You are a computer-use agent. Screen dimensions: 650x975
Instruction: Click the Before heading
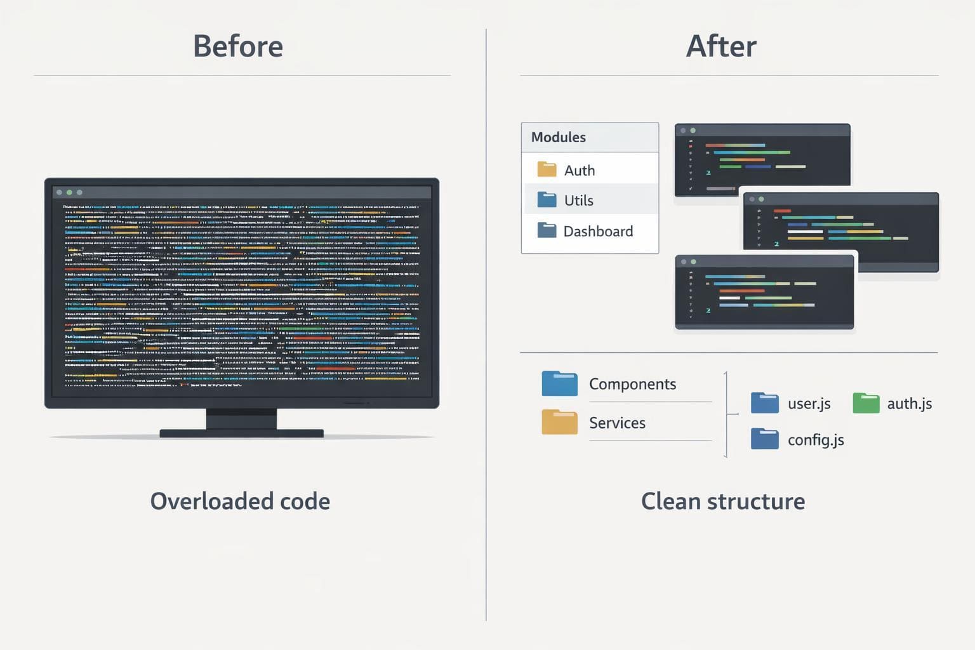click(x=238, y=46)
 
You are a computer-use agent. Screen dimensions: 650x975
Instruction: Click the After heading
click(x=721, y=46)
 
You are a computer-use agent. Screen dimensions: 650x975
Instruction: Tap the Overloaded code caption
click(x=240, y=501)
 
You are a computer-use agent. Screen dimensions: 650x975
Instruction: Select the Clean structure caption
click(x=722, y=501)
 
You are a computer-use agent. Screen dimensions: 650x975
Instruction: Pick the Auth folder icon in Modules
click(x=547, y=169)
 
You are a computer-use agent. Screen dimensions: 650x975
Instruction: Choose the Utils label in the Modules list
click(x=578, y=201)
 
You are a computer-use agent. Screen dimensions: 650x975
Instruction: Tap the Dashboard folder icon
click(x=547, y=230)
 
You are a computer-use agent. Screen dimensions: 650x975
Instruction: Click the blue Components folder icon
click(x=559, y=384)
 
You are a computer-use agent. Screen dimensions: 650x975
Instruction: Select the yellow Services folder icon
click(x=559, y=422)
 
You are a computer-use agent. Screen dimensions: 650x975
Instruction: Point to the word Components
click(x=632, y=384)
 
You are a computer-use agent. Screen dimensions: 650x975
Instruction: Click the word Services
click(x=617, y=423)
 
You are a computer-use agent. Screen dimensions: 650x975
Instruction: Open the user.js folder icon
click(x=764, y=403)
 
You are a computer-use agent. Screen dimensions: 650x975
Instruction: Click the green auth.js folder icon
click(x=866, y=403)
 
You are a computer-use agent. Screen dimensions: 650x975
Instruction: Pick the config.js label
click(x=816, y=440)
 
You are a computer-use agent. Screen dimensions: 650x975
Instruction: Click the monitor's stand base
click(x=241, y=434)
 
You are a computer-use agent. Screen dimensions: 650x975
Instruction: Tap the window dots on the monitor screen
click(x=69, y=192)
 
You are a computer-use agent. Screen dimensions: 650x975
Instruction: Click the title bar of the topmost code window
click(x=762, y=130)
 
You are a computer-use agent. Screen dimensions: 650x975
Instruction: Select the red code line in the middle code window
click(x=782, y=211)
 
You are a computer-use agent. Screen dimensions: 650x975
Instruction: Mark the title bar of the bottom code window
click(x=764, y=262)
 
